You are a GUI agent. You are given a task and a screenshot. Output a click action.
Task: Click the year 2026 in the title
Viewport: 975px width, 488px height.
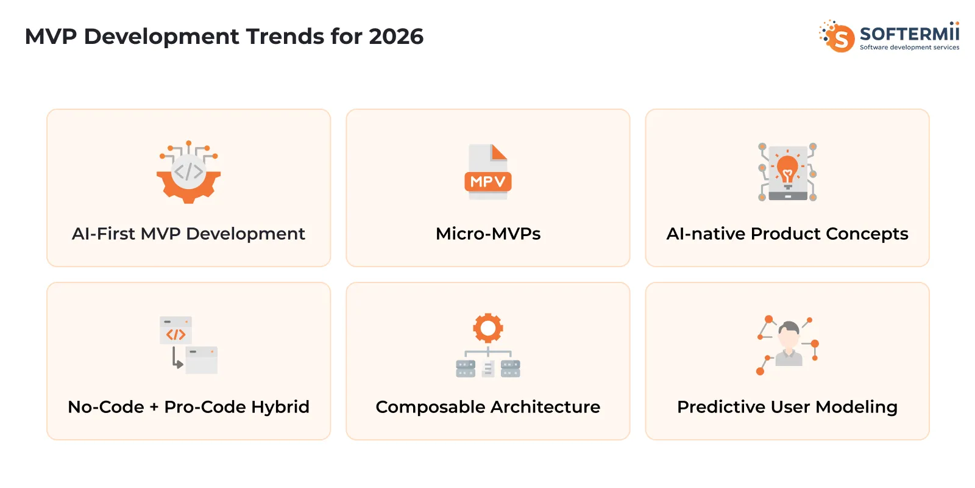[395, 37]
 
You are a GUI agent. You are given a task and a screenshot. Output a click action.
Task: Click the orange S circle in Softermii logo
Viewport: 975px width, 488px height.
[841, 38]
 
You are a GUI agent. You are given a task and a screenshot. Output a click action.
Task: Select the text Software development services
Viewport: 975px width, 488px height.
[909, 48]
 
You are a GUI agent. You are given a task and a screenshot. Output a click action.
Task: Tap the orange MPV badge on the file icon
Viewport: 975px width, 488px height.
[487, 182]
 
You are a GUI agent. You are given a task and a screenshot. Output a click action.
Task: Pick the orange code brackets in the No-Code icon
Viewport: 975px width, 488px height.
[175, 334]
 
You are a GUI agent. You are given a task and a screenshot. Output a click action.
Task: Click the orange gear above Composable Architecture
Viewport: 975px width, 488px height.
[487, 329]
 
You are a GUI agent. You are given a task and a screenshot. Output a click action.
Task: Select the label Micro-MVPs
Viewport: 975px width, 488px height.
[488, 234]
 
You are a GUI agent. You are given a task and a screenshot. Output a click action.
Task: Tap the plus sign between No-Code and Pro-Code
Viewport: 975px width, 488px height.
[154, 407]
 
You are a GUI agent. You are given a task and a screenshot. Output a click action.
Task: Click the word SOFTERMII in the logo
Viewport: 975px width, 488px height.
[909, 33]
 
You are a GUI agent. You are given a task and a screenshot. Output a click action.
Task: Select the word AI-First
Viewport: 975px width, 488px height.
[104, 234]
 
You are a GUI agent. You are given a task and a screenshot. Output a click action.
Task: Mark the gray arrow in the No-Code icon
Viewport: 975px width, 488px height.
[177, 359]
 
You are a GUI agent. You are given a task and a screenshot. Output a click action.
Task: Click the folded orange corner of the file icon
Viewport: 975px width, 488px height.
[499, 152]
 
